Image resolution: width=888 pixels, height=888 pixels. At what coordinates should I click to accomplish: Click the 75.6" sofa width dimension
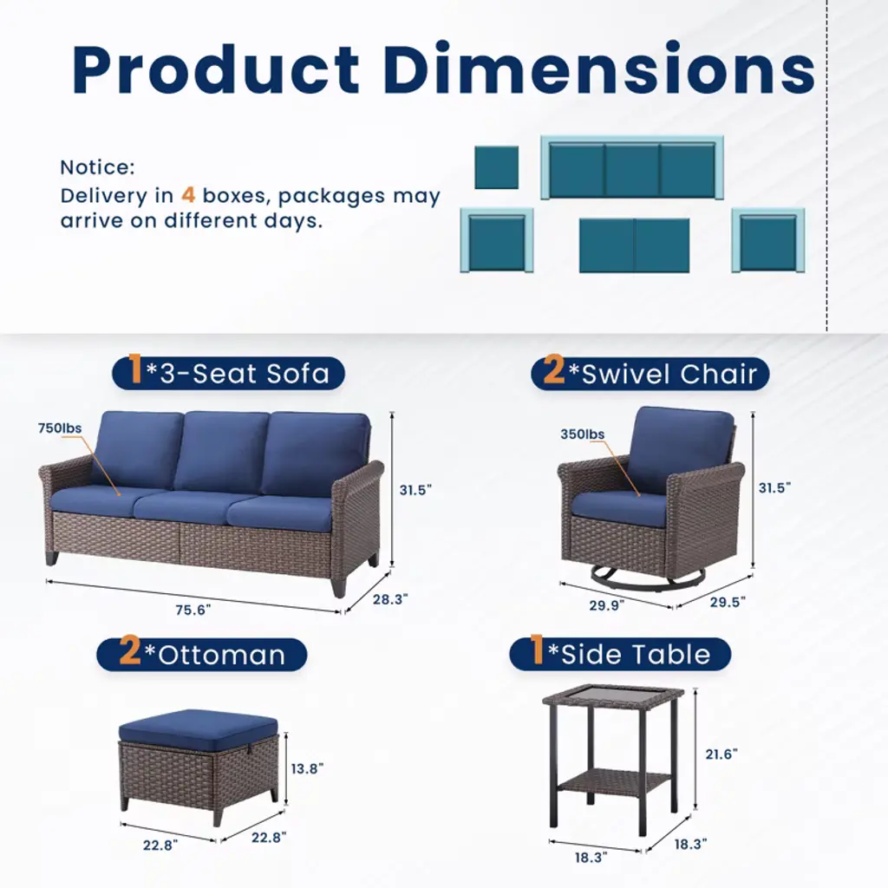click(193, 610)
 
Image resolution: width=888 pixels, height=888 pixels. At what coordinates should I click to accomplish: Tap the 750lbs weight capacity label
click(60, 428)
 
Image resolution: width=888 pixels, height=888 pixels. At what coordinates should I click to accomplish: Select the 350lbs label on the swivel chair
click(582, 434)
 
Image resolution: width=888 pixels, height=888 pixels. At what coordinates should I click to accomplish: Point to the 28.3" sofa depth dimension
click(390, 599)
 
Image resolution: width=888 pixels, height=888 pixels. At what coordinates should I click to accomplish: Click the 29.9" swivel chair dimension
click(606, 605)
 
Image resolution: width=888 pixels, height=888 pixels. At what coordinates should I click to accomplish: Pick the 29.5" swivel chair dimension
click(728, 602)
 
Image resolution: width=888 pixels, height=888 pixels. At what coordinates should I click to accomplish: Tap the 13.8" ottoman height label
click(307, 768)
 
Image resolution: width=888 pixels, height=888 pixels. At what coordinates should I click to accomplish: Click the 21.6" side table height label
click(721, 754)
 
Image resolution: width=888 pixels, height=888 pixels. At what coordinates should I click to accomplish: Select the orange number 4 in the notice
click(188, 195)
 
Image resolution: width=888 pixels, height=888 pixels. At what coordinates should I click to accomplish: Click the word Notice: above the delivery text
click(97, 167)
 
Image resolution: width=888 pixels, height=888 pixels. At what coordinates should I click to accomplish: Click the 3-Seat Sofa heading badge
click(228, 373)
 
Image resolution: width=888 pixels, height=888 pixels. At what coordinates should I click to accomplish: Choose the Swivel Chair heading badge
click(650, 373)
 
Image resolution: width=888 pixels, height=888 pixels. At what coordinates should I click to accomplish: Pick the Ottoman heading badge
click(202, 654)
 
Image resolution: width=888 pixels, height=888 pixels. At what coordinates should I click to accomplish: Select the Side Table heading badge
click(620, 654)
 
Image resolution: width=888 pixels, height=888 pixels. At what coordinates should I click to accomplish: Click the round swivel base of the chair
click(622, 578)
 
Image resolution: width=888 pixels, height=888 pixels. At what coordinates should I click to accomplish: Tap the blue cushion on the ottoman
click(199, 727)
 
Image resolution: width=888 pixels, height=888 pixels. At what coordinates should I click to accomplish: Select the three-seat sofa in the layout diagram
click(632, 167)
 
